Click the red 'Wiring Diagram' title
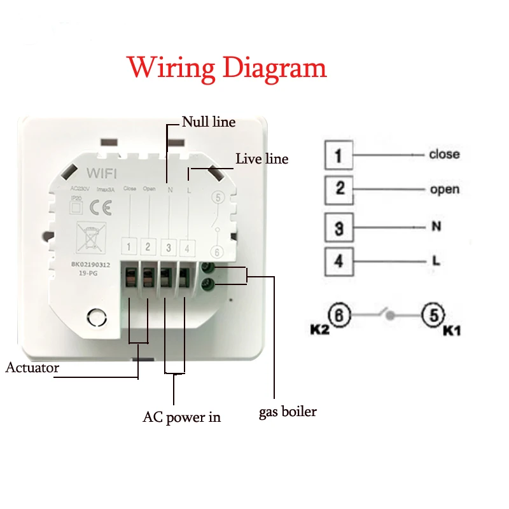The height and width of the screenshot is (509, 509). [227, 68]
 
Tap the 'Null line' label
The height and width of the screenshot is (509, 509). [209, 122]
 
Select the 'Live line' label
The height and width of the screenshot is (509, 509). [262, 158]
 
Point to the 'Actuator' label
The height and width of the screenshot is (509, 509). [32, 368]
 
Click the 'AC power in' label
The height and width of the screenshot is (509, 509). [182, 417]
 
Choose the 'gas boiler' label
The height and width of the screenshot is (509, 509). [288, 412]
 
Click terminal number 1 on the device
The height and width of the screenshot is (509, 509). [129, 247]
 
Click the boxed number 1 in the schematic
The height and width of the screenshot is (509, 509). [338, 155]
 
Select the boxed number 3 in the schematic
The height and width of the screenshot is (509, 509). [338, 227]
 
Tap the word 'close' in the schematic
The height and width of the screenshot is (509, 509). [443, 155]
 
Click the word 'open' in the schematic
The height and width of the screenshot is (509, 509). [444, 190]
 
